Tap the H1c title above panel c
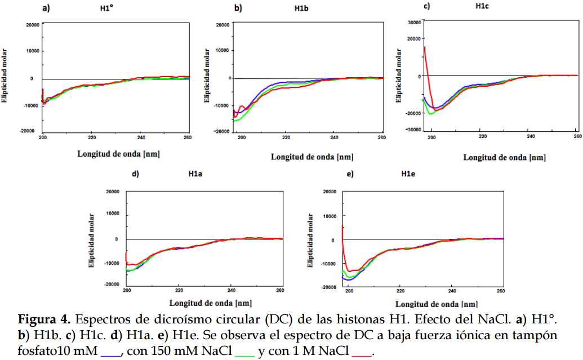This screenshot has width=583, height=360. tap(482, 6)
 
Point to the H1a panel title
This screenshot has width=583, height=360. tap(195, 174)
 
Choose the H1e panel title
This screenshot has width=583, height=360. tap(408, 174)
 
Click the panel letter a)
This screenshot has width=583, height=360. tap(46, 8)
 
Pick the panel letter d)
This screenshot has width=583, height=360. tap(135, 174)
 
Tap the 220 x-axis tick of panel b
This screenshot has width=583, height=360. tap(286, 137)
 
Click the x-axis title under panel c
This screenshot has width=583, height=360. tap(504, 158)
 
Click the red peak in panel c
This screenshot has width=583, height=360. tap(425, 47)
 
